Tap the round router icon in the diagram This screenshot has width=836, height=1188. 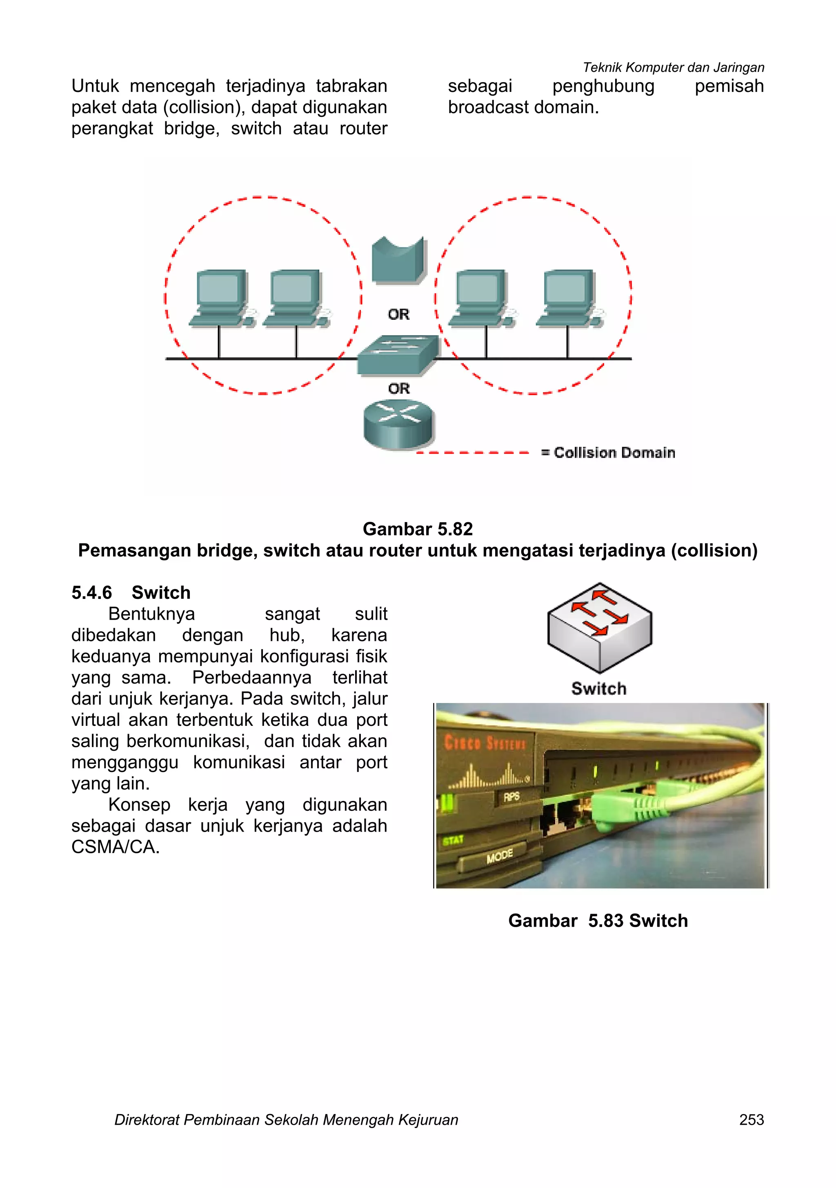399,424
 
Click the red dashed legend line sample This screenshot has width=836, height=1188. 472,453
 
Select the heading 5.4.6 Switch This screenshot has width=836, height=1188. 131,592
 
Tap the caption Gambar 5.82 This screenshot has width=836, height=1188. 418,529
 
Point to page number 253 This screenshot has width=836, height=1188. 751,1120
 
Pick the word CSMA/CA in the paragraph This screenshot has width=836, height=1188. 115,847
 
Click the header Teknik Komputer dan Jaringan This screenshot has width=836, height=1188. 673,67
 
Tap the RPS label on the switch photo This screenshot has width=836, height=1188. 511,797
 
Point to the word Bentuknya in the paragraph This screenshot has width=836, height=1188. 151,614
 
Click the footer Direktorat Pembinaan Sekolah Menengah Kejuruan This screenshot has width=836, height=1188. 286,1120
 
